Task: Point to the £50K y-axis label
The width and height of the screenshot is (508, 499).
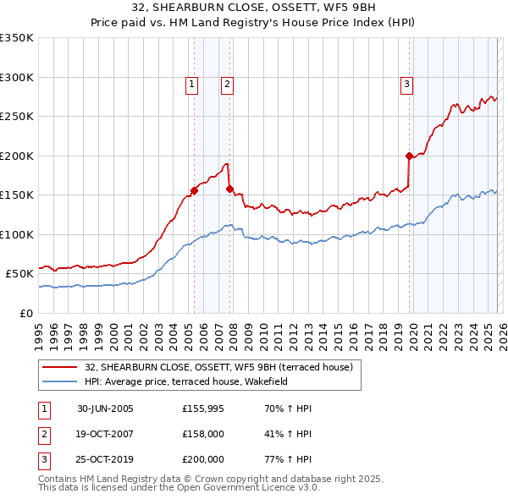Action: [19, 273]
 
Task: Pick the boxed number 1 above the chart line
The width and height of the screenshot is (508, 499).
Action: [192, 84]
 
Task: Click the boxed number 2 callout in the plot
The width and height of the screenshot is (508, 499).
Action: [228, 84]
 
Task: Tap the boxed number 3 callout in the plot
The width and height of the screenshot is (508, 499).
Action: [407, 84]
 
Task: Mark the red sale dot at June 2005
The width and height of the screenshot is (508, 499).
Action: [194, 190]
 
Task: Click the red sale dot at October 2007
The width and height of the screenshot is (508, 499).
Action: [229, 189]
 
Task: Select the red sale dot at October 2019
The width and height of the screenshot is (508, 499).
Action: [409, 156]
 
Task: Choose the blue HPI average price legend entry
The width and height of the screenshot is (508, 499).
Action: [187, 382]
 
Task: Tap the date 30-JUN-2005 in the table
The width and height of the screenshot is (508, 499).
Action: [105, 409]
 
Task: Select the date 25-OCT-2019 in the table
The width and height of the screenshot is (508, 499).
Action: [106, 459]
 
